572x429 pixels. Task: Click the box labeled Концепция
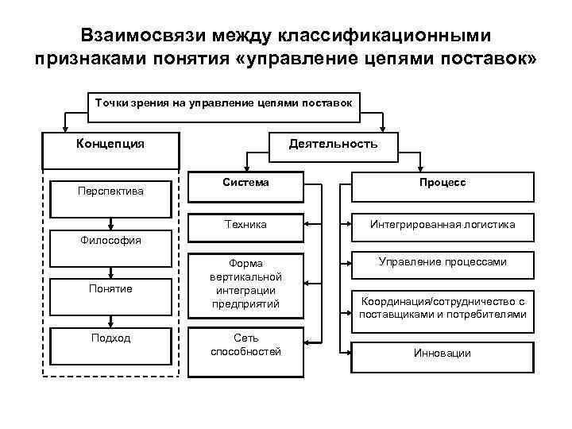(x=110, y=150)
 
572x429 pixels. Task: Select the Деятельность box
(x=333, y=144)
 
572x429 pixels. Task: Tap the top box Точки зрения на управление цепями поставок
(x=224, y=103)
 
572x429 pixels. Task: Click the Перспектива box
(x=110, y=196)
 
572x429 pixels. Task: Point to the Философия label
(x=110, y=239)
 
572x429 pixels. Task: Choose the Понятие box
(x=110, y=288)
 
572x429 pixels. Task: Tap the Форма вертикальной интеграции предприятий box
(x=245, y=284)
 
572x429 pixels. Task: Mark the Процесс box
(x=443, y=188)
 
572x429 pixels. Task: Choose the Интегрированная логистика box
(x=443, y=225)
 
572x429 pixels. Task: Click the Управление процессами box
(x=443, y=262)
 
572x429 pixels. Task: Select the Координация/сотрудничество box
(x=443, y=308)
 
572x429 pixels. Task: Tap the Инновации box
(x=443, y=353)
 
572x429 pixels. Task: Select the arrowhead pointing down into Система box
(x=245, y=169)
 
